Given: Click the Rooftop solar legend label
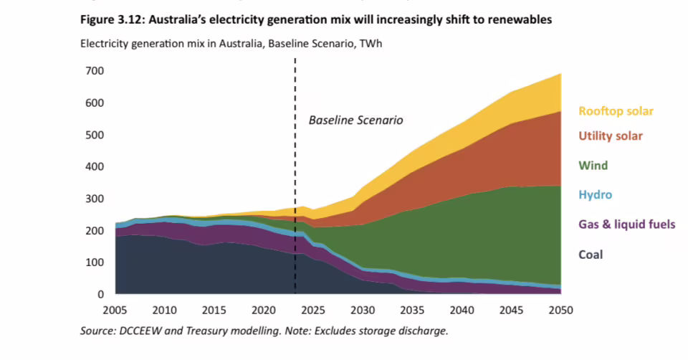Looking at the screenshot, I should point(616,111).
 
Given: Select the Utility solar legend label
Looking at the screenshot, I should point(611,136).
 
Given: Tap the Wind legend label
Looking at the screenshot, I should point(593,166).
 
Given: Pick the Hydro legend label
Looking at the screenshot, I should point(596,195).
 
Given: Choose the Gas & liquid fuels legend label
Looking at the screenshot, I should point(627,224).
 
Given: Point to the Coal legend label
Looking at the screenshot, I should point(591,255).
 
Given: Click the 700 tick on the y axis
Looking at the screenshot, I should point(95,71).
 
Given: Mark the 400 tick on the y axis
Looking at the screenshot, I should point(95,166).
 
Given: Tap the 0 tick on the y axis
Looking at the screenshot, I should point(101,294).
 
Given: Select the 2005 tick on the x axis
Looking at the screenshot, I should point(115,310).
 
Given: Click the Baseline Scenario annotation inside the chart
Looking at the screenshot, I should point(355,120).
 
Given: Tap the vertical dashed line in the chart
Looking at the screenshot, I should point(295,215).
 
